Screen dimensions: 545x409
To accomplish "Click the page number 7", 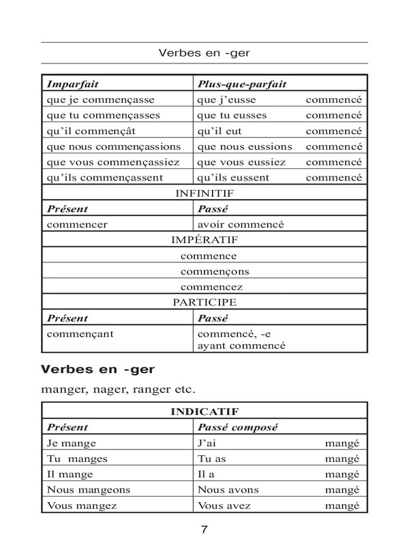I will (x=204, y=530).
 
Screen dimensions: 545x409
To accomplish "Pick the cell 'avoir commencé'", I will (x=240, y=224).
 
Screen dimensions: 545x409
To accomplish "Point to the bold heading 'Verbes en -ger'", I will (x=98, y=371).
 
